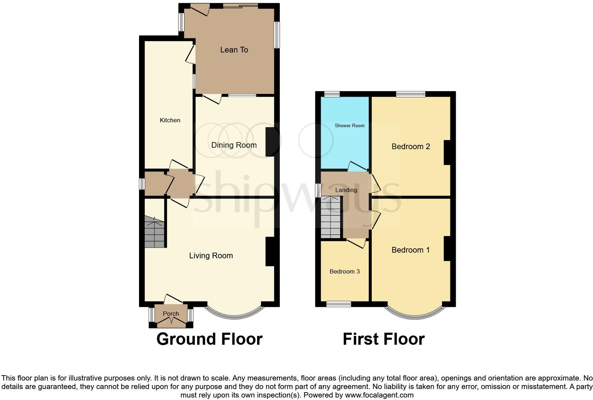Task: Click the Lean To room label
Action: coord(234,50)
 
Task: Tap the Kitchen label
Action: coord(170,120)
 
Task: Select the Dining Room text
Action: coord(234,145)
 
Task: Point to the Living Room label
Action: coord(211,256)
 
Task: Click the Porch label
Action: coord(171,314)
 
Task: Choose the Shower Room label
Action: coord(349,126)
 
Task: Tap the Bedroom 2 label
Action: coord(410,147)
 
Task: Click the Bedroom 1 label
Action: coord(410,250)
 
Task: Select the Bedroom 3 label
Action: coord(344,272)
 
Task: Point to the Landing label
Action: coord(346,190)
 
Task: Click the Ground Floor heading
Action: coord(209,339)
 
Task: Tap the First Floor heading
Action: coord(383,339)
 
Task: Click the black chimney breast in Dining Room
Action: coord(270,142)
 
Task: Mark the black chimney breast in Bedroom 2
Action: coord(447,152)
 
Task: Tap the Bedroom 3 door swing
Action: coord(358,243)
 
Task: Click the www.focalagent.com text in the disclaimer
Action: coord(379,395)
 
